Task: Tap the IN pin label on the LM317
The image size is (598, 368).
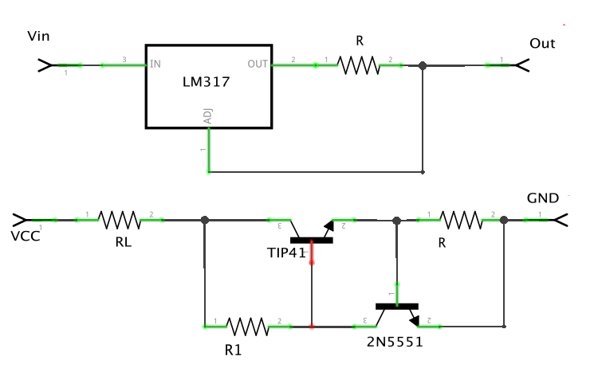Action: (155, 64)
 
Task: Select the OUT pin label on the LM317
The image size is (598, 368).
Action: (258, 64)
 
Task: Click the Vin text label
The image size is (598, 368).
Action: (39, 37)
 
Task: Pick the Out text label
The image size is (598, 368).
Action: (542, 43)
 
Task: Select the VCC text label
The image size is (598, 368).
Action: (25, 237)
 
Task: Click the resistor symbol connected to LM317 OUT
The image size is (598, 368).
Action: (359, 65)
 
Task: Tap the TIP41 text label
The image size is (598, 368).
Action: (287, 253)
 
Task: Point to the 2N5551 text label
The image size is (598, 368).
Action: (394, 342)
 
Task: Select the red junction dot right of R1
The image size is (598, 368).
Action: (312, 326)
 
